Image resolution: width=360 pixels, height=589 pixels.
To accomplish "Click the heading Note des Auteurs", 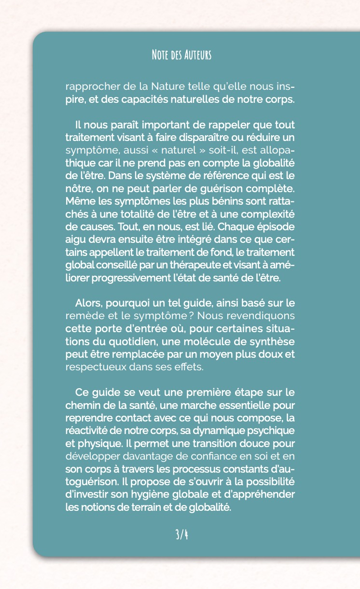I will pyautogui.click(x=181, y=55).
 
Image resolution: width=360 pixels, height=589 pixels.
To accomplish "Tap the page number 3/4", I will pyautogui.click(x=181, y=534).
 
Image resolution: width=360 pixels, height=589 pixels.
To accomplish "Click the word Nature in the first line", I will pyautogui.click(x=171, y=87).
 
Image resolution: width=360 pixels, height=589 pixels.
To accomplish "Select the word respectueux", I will pyautogui.click(x=95, y=366).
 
